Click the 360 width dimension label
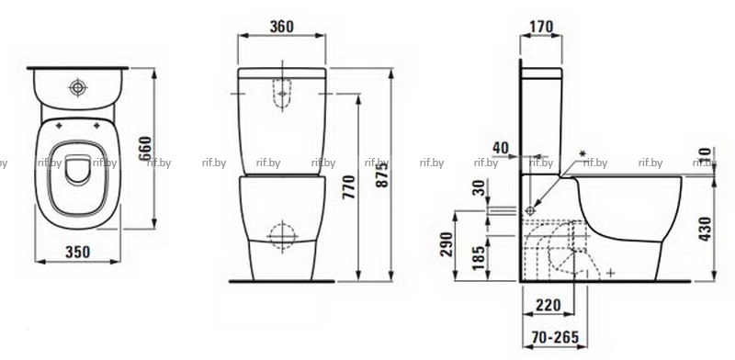(282, 27)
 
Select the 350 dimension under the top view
(78, 253)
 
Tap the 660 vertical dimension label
(146, 148)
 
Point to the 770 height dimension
(349, 187)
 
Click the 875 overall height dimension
(382, 174)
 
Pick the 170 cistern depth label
(541, 27)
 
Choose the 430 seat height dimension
(705, 229)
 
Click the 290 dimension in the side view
(447, 244)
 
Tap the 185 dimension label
(478, 258)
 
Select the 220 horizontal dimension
(548, 306)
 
